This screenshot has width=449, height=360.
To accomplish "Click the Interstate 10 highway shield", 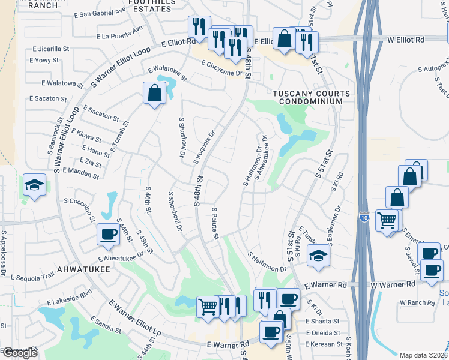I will click(x=364, y=217).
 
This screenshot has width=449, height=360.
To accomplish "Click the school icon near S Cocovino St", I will click(x=34, y=185).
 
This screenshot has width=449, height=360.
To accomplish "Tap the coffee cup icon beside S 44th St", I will click(x=108, y=235).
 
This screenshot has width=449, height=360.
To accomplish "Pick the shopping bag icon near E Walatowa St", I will click(x=154, y=93).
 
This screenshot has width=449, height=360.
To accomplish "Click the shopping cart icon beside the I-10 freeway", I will click(x=387, y=220).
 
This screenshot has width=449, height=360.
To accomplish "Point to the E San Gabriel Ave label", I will click(x=101, y=13).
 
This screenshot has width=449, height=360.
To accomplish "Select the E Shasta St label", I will click(x=322, y=322).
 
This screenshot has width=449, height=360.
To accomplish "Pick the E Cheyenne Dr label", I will click(x=221, y=68).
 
